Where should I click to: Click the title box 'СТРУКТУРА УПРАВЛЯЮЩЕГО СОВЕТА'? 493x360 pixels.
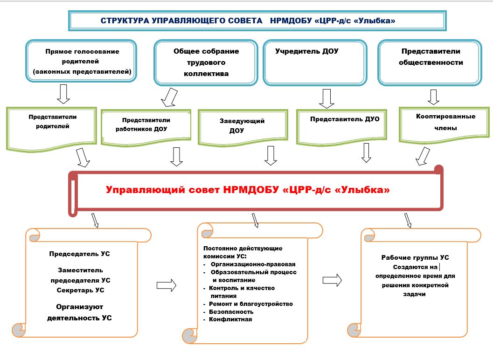click(x=257, y=21)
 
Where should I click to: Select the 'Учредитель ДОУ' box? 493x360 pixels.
click(x=315, y=62)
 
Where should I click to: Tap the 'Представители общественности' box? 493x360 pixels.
click(x=430, y=62)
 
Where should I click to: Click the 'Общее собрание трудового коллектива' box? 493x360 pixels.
click(x=206, y=62)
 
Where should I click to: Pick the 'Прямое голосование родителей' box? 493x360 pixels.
click(x=81, y=61)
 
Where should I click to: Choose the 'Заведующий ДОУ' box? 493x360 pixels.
click(x=243, y=127)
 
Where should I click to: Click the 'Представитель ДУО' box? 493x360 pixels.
click(x=341, y=127)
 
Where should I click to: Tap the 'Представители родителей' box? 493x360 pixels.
click(x=52, y=129)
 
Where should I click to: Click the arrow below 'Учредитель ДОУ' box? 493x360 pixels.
click(x=326, y=99)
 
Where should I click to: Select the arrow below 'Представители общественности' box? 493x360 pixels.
click(x=433, y=97)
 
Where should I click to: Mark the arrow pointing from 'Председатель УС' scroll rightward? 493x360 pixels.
click(x=167, y=285)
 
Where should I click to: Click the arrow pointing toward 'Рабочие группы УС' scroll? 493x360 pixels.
click(x=332, y=280)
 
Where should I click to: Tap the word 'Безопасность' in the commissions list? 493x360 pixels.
click(x=231, y=312)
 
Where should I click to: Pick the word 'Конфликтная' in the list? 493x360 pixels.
click(x=230, y=319)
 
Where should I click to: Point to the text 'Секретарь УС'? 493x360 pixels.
click(x=81, y=290)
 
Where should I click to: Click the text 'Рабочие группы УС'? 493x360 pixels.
click(x=415, y=258)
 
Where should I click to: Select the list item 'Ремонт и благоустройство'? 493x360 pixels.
click(x=251, y=304)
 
